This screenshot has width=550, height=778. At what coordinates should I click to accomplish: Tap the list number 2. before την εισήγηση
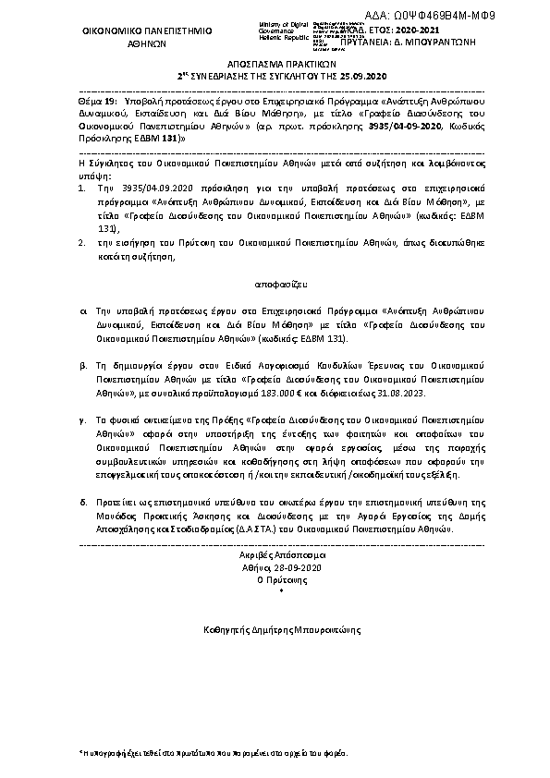pos(83,237)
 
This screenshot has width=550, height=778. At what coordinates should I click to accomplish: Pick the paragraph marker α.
pos(83,314)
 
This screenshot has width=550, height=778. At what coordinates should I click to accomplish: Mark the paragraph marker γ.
pos(83,419)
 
